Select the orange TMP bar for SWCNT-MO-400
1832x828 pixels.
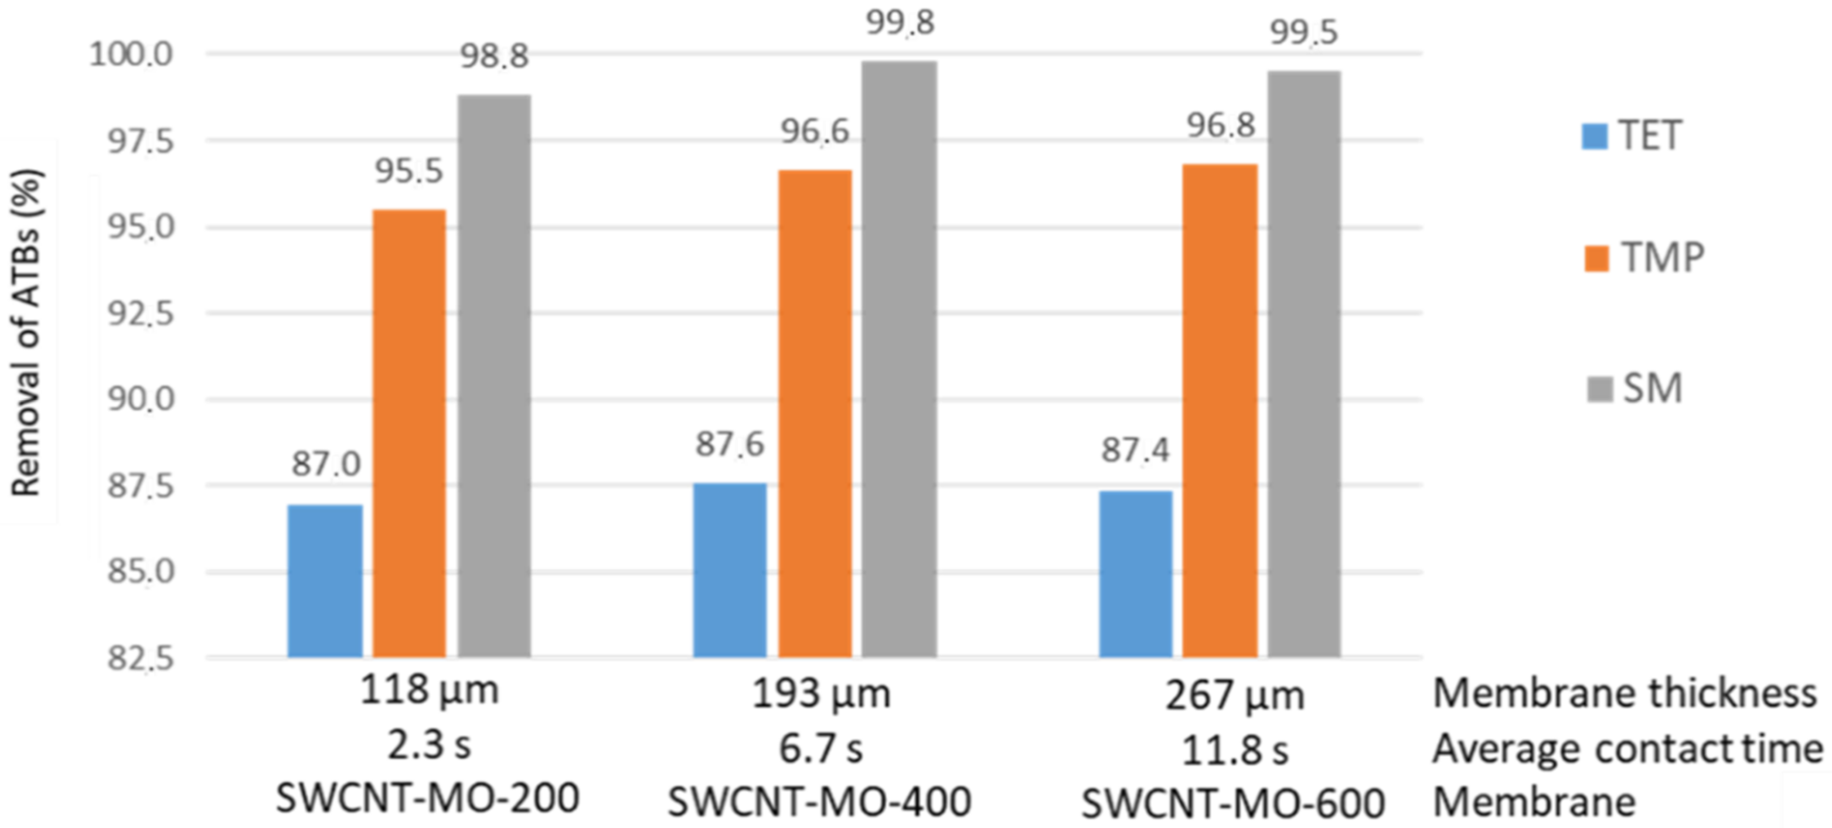[x=815, y=413]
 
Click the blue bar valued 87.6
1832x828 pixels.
[x=730, y=569]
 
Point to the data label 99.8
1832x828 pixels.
[x=900, y=23]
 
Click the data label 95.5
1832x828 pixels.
[x=409, y=171]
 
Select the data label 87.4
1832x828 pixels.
[x=1135, y=450]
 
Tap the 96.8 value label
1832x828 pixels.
[x=1220, y=126]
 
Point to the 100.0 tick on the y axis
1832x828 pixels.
[x=131, y=54]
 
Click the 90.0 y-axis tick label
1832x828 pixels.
[x=141, y=400]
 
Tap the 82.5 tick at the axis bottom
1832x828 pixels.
[x=141, y=659]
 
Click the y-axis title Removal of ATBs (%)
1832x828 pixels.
[x=27, y=332]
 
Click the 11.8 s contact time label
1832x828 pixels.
[x=1235, y=751]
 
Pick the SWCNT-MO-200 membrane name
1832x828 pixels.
[x=427, y=798]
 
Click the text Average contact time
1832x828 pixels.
[x=1627, y=749]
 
